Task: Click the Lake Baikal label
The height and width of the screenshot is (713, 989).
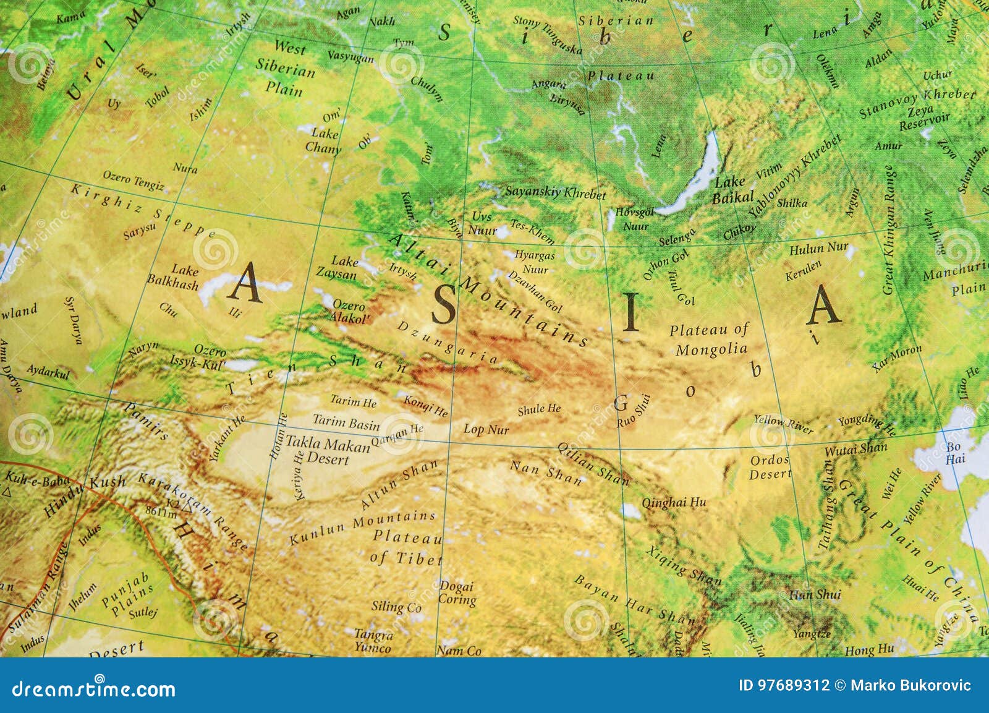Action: point(733,190)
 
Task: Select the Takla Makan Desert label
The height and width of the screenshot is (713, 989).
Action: point(328,451)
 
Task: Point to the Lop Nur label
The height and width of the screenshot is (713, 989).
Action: point(486,429)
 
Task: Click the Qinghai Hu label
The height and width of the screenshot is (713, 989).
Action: point(673,502)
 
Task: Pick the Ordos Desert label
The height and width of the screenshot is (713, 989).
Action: point(770,467)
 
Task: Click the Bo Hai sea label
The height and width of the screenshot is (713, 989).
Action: point(955,453)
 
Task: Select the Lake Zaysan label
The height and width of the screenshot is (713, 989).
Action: point(337,267)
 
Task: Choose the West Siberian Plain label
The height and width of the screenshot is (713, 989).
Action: point(286,68)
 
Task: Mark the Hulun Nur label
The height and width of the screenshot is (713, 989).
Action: point(818,249)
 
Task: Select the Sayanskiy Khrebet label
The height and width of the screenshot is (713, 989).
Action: point(555,192)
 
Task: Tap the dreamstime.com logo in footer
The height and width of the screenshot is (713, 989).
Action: point(94,688)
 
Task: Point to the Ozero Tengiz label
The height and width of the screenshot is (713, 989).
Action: point(134,181)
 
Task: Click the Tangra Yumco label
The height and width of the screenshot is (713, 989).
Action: point(373,641)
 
